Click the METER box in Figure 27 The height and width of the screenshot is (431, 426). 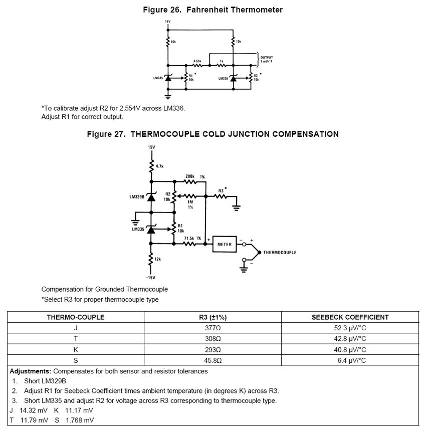[224, 244]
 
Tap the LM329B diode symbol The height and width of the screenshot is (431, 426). [151, 197]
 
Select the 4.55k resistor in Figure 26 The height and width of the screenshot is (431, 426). [197, 65]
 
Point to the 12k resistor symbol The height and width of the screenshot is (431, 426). [151, 259]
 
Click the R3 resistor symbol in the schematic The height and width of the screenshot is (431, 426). [221, 196]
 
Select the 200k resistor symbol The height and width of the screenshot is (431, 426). [190, 181]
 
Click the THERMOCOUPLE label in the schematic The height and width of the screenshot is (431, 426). [280, 252]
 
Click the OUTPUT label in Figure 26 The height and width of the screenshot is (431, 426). [267, 57]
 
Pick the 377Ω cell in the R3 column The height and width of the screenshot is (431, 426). [212, 328]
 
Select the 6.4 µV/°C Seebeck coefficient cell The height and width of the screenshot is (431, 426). [350, 360]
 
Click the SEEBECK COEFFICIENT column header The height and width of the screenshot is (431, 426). [350, 317]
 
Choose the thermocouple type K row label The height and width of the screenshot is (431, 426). [75, 350]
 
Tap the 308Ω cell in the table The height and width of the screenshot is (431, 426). [212, 339]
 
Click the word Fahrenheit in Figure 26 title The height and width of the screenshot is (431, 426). [208, 10]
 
